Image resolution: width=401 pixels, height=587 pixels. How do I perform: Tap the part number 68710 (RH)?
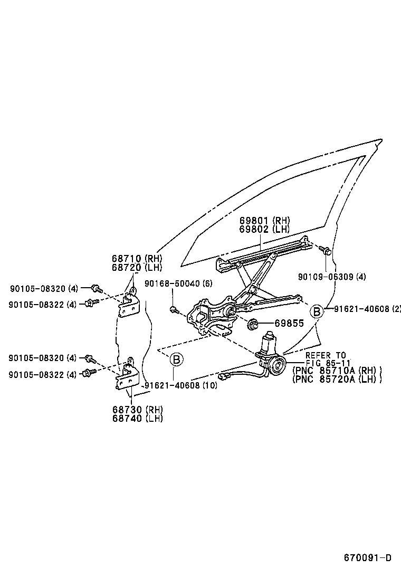[137, 259]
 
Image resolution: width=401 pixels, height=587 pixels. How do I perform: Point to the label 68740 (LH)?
[137, 418]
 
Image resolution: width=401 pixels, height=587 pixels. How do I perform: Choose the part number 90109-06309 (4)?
[331, 276]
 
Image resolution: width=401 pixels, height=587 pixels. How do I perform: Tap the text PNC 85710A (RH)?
[336, 371]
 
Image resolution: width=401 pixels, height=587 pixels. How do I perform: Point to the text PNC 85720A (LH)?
[336, 379]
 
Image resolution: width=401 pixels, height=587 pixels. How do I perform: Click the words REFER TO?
[326, 355]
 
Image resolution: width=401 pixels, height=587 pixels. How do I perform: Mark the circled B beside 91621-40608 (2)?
[316, 311]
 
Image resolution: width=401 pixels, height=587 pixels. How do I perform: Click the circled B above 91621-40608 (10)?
[177, 360]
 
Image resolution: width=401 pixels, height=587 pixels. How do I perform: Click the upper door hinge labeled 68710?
[128, 304]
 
